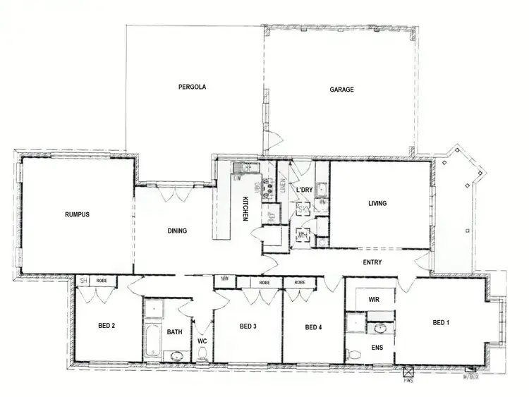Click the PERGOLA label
192,87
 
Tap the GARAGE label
341,90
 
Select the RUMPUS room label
77,214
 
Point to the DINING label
177,230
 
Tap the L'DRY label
304,190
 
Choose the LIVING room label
378,204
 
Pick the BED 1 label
440,322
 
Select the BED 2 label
106,326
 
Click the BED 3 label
247,326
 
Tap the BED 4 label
314,327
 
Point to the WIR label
375,299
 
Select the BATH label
174,331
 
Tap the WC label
202,341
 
